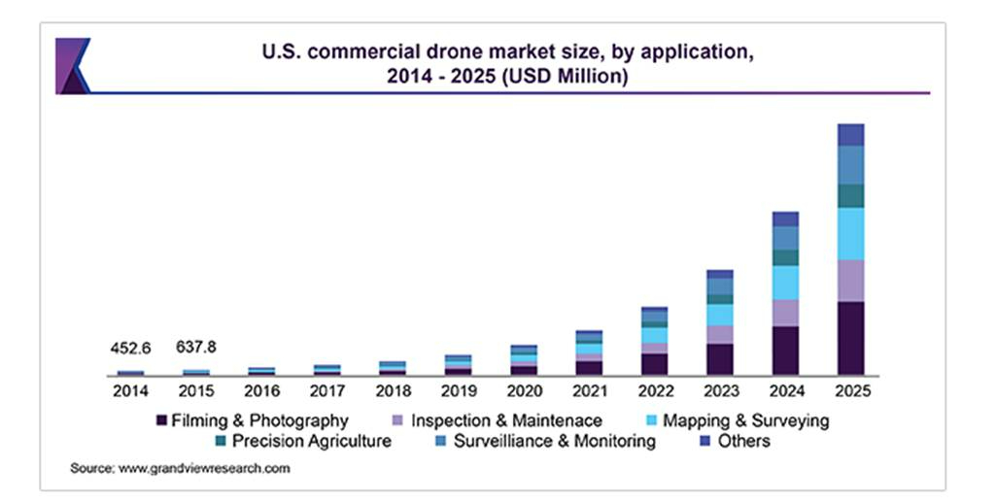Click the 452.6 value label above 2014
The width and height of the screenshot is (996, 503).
[x=130, y=349]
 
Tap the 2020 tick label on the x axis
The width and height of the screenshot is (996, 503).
[x=524, y=391]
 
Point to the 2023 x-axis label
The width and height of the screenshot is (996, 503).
[x=720, y=391]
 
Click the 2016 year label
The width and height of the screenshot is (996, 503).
[x=261, y=391]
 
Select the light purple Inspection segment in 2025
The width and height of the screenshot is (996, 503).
[x=850, y=281]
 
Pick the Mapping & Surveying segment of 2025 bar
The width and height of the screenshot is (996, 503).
[x=850, y=233]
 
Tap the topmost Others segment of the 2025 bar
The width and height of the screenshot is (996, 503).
[x=850, y=134]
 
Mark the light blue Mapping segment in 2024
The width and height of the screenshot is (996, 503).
[x=785, y=283]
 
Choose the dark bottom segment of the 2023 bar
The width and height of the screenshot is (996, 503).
[x=720, y=358]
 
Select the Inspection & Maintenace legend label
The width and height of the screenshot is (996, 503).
[x=506, y=420]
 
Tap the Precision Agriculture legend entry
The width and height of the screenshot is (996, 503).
[x=311, y=441]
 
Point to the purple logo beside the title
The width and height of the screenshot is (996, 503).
[x=73, y=65]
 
